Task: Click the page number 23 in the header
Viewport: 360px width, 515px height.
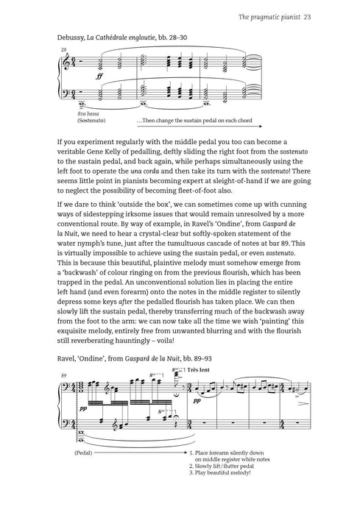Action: pyautogui.click(x=311, y=17)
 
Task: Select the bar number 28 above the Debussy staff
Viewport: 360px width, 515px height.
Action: pyautogui.click(x=63, y=49)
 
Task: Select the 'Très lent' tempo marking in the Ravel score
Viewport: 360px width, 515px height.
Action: pyautogui.click(x=200, y=370)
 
